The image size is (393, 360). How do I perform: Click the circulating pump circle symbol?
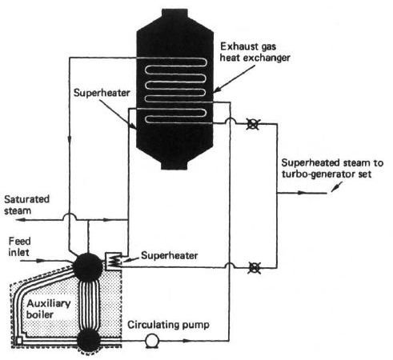(x=152, y=341)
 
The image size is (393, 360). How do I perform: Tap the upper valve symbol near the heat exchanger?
(x=252, y=124)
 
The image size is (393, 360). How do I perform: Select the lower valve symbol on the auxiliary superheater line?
(x=254, y=268)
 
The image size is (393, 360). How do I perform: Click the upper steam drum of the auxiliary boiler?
(x=88, y=266)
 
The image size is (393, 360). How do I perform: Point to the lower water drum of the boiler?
(x=89, y=340)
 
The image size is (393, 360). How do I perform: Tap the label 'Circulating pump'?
(x=168, y=325)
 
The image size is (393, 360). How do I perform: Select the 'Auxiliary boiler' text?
(x=48, y=309)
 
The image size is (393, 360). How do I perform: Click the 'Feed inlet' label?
(x=19, y=246)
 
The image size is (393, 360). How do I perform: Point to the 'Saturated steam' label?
(x=26, y=205)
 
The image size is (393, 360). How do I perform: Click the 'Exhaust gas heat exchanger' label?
(x=255, y=52)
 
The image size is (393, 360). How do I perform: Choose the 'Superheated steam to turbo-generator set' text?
(x=332, y=169)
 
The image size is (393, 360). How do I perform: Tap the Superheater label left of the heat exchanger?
(x=102, y=93)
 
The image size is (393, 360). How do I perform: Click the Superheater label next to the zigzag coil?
(x=170, y=255)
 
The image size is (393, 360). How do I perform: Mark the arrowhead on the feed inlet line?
(x=40, y=260)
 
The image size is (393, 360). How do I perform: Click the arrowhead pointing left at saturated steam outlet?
(x=20, y=220)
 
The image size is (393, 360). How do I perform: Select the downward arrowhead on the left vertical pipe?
(x=70, y=140)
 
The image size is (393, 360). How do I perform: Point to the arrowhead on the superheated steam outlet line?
(x=301, y=193)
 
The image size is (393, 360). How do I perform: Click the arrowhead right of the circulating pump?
(x=186, y=341)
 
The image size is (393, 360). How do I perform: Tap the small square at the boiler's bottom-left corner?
(x=19, y=341)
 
